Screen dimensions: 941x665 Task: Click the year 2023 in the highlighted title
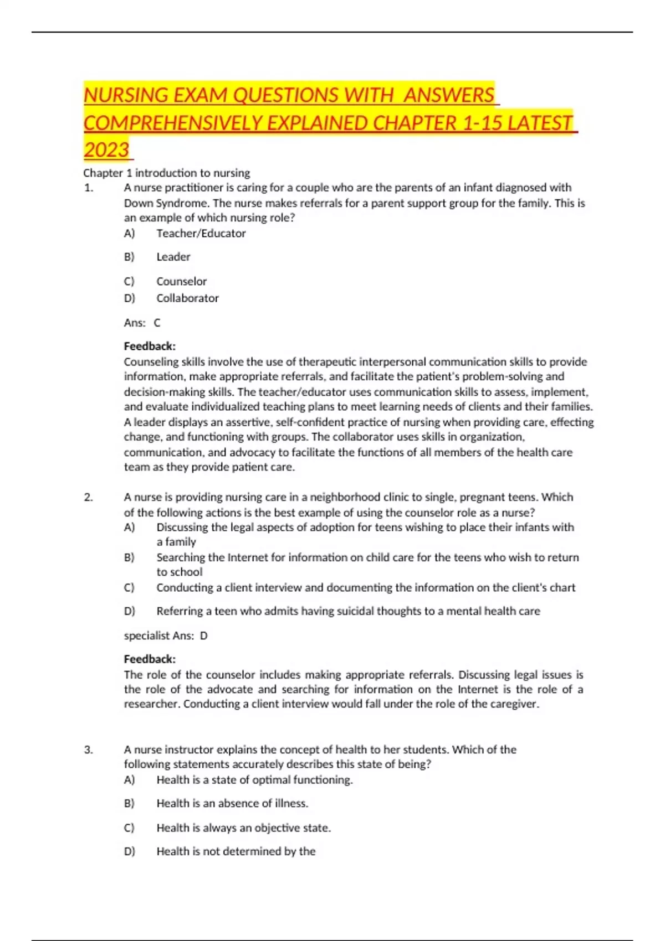106,150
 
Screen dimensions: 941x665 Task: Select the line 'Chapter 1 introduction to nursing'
166,173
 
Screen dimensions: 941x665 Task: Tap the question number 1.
89,188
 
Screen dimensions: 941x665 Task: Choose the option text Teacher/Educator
201,234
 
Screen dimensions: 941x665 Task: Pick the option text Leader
173,257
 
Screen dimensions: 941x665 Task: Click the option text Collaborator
187,298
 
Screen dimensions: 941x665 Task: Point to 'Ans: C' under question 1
142,323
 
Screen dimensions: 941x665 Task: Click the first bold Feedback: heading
150,347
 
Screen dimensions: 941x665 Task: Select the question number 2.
89,497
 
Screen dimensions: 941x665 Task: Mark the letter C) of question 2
129,587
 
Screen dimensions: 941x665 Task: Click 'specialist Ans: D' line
165,635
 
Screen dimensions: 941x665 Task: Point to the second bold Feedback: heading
150,659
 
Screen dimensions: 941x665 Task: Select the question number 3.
89,749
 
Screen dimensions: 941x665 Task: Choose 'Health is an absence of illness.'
232,803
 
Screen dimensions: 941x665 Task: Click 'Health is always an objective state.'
243,828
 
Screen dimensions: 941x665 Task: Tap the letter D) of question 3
129,851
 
